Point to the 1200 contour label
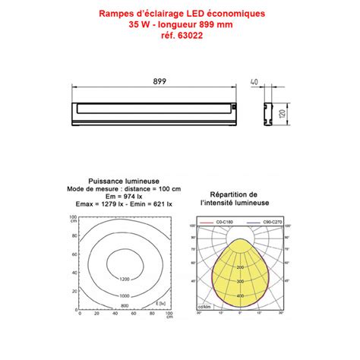tap(125, 279)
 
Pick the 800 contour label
tap(125, 306)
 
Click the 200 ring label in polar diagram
tap(240, 267)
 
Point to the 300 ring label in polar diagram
tap(240, 281)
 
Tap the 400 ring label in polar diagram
tap(240, 295)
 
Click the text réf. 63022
tap(180, 35)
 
